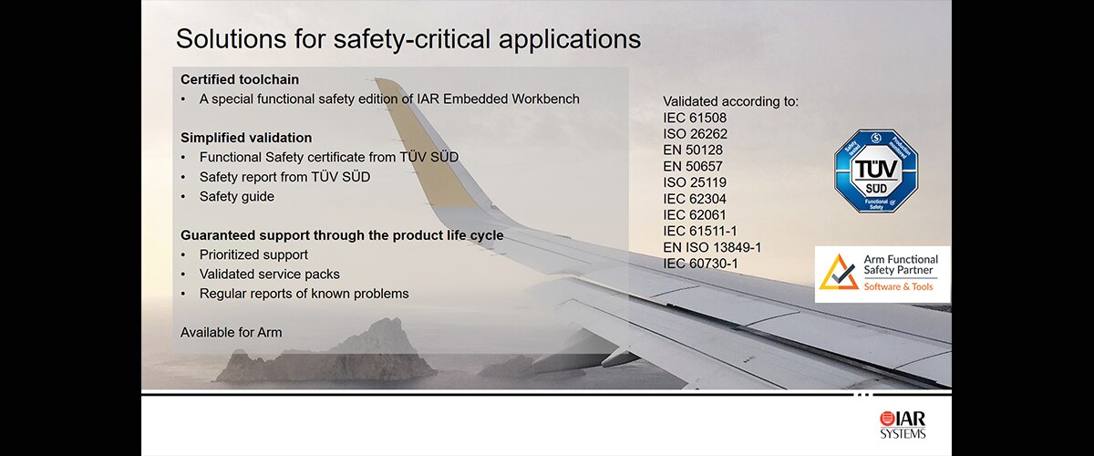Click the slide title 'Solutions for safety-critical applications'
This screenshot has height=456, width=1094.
tap(408, 39)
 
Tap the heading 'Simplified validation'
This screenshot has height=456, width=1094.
tap(246, 138)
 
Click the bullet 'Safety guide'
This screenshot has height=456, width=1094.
tap(236, 196)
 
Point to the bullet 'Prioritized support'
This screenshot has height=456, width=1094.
tap(253, 254)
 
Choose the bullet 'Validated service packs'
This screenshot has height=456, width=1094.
tap(270, 274)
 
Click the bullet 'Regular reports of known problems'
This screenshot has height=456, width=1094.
tap(304, 294)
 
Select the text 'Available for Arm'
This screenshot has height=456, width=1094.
tap(232, 332)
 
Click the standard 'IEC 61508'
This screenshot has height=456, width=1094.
tap(695, 117)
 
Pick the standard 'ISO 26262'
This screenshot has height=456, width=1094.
tap(695, 133)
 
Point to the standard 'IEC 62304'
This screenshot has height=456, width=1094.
tap(695, 198)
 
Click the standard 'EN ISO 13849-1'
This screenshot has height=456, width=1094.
tap(712, 247)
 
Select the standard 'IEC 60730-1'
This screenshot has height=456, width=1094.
tap(700, 264)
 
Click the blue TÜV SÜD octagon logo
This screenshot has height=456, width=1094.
tap(876, 171)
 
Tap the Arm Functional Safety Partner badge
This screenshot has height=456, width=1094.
tap(882, 275)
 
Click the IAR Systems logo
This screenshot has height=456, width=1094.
tap(903, 424)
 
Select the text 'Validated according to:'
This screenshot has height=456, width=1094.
tap(730, 100)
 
